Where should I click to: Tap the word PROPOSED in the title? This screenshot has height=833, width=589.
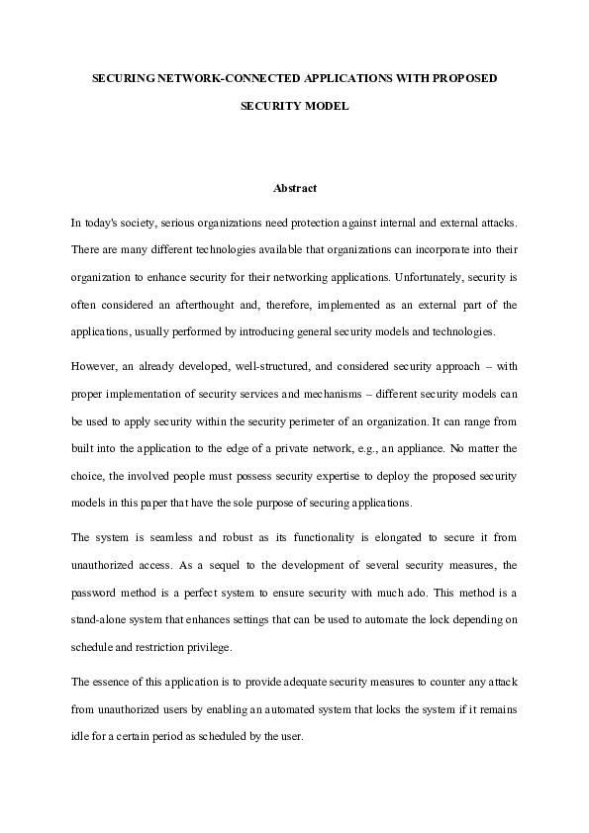click(462, 76)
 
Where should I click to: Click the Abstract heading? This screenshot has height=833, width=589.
click(294, 188)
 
